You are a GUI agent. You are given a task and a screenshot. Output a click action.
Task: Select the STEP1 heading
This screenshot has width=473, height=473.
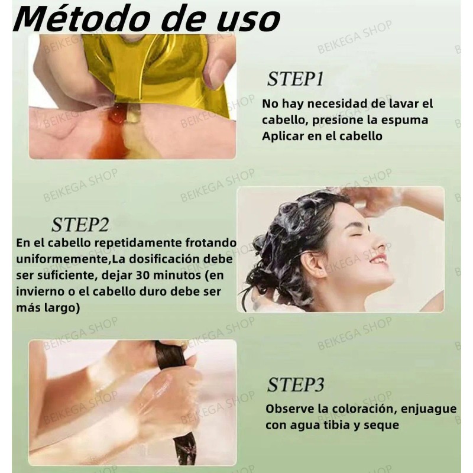[295, 79]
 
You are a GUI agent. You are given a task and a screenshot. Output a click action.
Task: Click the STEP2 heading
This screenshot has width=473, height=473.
[80, 225]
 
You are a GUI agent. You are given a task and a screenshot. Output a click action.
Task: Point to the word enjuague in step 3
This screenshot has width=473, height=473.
[429, 409]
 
